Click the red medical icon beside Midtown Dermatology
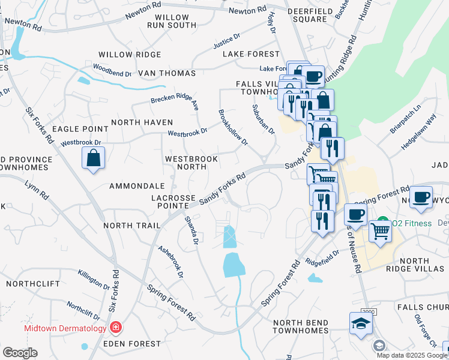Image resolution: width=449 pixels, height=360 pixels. coord(115,328)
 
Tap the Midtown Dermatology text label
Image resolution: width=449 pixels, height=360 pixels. coord(65,328)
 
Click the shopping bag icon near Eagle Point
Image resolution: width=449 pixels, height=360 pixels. coord(94,158)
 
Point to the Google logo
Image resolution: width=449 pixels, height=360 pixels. coord(20,352)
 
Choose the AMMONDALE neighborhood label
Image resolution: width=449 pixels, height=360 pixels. coord(137,187)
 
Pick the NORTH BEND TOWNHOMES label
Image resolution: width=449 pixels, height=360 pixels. coord(301,326)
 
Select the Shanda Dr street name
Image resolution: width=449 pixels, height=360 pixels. coord(191,230)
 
